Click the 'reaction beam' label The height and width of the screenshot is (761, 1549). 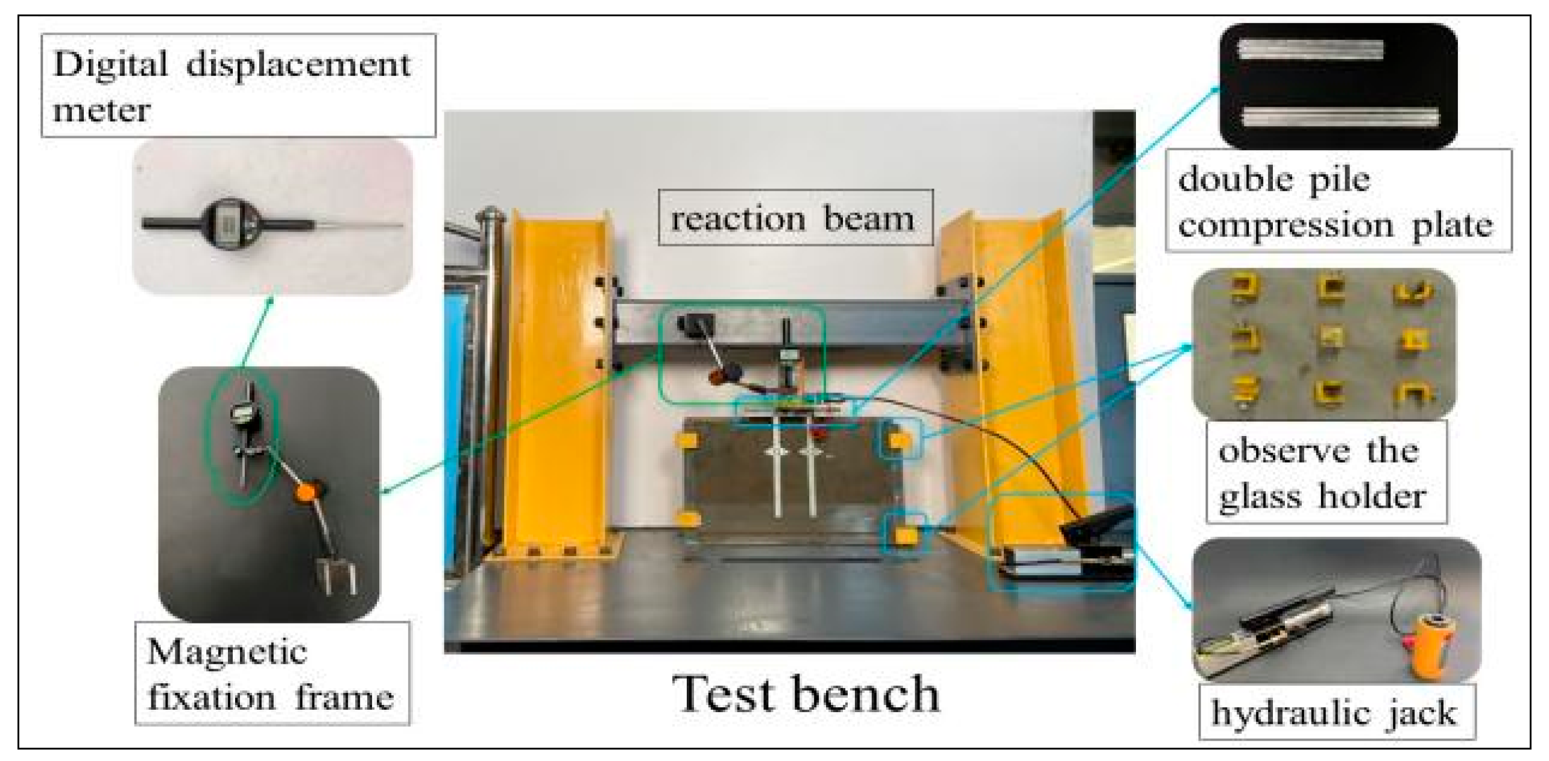pos(794,218)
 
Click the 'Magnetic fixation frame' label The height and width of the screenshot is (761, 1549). pos(270,674)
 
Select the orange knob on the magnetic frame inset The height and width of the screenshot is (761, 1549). pos(306,490)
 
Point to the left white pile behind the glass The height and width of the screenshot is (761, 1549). pos(777,482)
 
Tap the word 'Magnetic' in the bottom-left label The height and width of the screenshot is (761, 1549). pos(227,652)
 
